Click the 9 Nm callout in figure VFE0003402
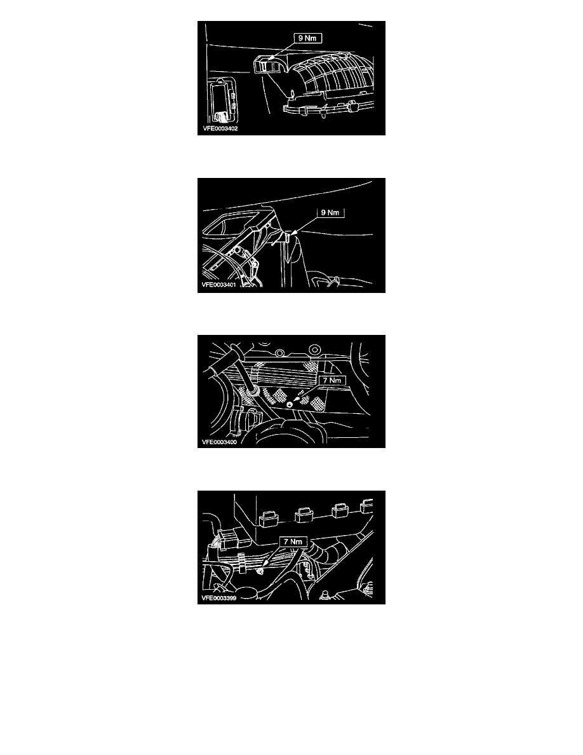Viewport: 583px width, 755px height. click(307, 38)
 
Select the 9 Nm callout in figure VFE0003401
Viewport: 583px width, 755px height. click(330, 212)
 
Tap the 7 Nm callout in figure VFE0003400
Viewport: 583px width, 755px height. click(332, 381)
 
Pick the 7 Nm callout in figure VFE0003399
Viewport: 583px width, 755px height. click(293, 541)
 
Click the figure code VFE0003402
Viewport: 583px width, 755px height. click(220, 128)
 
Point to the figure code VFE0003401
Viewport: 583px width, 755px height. click(219, 285)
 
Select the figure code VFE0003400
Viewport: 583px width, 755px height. click(219, 442)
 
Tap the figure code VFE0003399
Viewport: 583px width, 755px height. click(219, 599)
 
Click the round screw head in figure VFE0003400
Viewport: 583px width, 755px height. click(290, 404)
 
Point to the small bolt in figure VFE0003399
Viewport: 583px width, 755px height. click(259, 571)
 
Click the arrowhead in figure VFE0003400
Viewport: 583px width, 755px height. click(295, 399)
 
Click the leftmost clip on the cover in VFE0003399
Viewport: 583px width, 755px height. click(269, 519)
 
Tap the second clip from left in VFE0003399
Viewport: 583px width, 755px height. click(304, 514)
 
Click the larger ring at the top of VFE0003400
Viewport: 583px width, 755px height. click(314, 349)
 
